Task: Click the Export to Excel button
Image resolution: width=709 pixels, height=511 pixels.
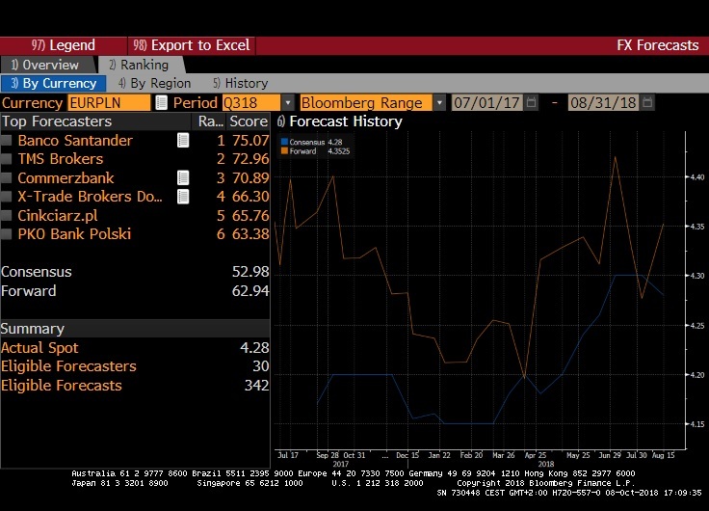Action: pyautogui.click(x=192, y=45)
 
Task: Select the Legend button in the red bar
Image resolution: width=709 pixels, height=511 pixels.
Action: pyautogui.click(x=64, y=45)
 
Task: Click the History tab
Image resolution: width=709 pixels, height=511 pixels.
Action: pyautogui.click(x=241, y=84)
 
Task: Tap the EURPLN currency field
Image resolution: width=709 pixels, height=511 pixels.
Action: pyautogui.click(x=109, y=102)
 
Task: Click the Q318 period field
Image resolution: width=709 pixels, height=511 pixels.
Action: pyautogui.click(x=250, y=102)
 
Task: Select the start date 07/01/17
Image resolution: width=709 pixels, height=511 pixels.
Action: pyautogui.click(x=486, y=102)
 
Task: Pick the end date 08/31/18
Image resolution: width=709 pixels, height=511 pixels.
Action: pyautogui.click(x=604, y=102)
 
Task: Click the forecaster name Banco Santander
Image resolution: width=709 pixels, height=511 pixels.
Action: pyautogui.click(x=75, y=141)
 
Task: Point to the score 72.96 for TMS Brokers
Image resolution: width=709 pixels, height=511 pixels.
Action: pyautogui.click(x=249, y=159)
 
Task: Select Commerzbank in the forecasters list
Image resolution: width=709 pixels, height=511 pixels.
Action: pyautogui.click(x=66, y=177)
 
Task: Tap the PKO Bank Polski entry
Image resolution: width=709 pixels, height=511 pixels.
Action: pyautogui.click(x=74, y=233)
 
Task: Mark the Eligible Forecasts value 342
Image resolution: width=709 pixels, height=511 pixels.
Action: pyautogui.click(x=255, y=385)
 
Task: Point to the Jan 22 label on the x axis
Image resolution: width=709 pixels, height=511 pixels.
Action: pyautogui.click(x=440, y=453)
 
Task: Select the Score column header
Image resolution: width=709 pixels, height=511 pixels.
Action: pyautogui.click(x=249, y=121)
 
